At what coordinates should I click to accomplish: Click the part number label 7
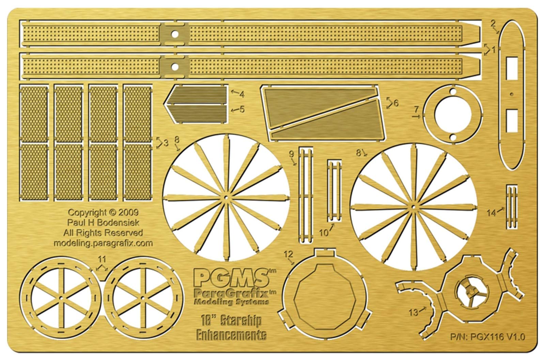coord(417,110)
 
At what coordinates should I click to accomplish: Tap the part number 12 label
coord(289,254)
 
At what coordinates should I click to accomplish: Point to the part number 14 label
coord(491,213)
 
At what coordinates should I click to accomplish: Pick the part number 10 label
coord(324,233)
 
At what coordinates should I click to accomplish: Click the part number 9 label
coord(292,154)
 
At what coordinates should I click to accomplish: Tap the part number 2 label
coord(493,24)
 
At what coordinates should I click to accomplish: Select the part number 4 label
coord(242,94)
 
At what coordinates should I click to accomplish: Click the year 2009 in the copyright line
coord(129,212)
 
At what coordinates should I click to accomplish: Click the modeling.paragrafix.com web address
coord(103,243)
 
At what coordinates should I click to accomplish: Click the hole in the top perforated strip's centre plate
coord(175,34)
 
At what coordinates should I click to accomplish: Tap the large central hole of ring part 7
coord(453,115)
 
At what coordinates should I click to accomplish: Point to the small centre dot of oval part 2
coord(511,94)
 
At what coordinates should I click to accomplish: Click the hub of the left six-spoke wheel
coord(61,298)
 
